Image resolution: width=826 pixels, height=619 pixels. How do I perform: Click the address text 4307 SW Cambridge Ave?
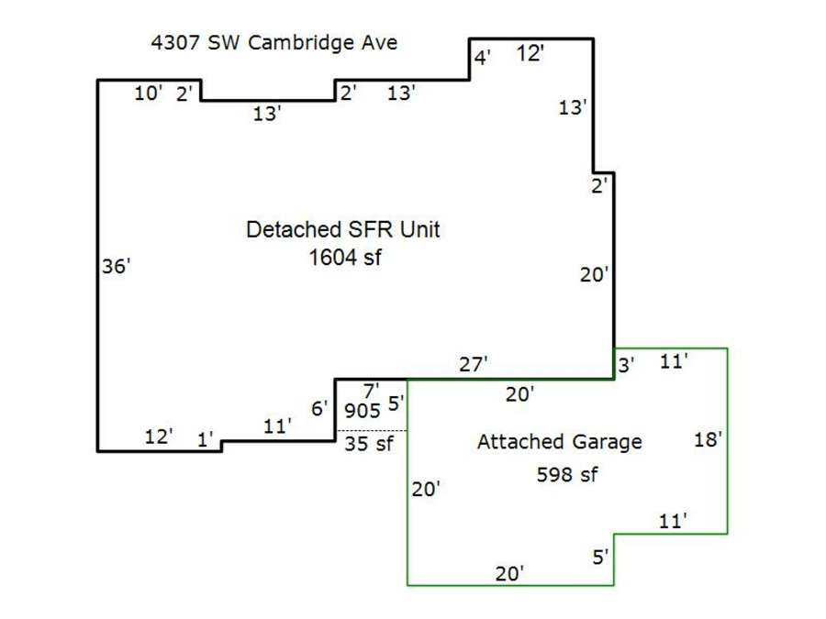[273, 43]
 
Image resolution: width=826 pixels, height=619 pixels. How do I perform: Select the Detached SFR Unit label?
[342, 229]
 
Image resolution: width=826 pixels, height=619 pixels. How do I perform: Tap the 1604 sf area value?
[344, 258]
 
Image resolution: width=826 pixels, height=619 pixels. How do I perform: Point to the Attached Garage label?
[559, 442]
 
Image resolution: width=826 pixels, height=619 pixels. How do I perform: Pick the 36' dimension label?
[117, 267]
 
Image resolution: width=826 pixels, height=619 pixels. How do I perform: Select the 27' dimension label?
[474, 364]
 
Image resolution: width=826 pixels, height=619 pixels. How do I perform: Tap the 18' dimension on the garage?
[709, 439]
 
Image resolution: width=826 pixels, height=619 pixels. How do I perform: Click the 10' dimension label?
[149, 93]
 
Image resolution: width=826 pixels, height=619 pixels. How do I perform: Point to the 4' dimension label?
[482, 59]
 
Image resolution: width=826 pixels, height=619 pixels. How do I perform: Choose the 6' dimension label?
[319, 409]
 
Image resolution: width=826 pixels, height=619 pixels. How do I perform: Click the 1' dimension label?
[206, 440]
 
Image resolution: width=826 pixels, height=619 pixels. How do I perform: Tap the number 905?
[362, 411]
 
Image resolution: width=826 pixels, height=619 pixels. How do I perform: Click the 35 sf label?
[368, 446]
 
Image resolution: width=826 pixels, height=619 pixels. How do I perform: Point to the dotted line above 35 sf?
[371, 431]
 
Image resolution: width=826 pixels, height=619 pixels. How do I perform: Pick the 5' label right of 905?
[396, 403]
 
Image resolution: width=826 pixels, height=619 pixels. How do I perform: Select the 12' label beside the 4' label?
[530, 53]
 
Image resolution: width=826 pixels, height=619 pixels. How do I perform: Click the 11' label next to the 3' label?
[674, 361]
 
